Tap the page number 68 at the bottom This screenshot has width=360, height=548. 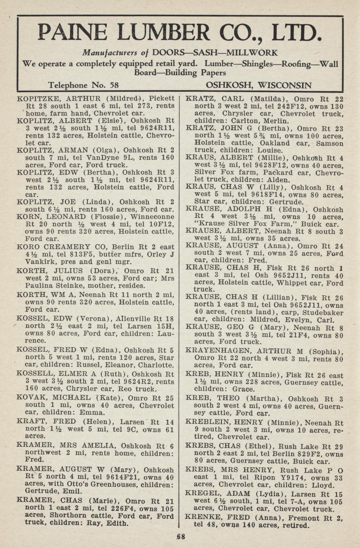pyautogui.click(x=181, y=536)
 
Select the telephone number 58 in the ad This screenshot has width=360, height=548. pyautogui.click(x=114, y=85)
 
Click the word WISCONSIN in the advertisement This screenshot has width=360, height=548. pyautogui.click(x=285, y=85)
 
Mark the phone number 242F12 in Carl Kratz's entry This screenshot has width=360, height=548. pyautogui.click(x=288, y=106)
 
